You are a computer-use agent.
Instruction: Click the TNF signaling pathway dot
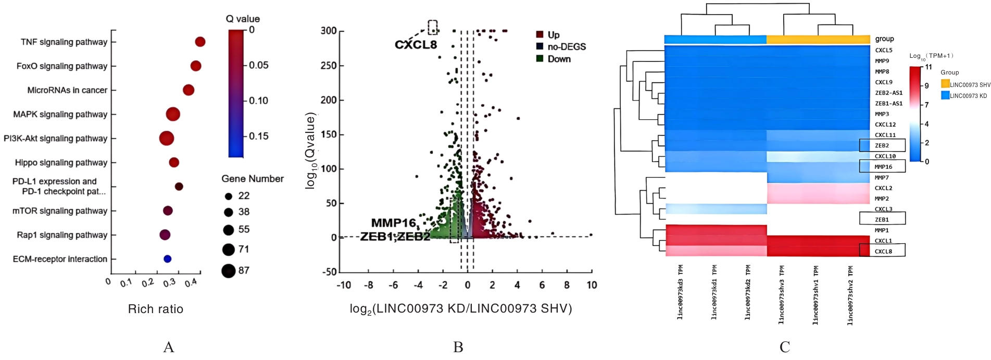click(x=200, y=42)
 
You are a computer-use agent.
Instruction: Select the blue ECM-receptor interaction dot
click(x=167, y=259)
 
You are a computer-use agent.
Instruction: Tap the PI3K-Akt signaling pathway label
click(x=56, y=139)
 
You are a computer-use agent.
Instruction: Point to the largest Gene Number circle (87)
click(x=228, y=271)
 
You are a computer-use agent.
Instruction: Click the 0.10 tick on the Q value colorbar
click(x=258, y=101)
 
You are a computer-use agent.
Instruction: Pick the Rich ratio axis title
click(x=155, y=309)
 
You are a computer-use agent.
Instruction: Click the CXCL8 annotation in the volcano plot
click(x=416, y=45)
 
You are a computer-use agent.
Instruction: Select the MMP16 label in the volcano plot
click(x=393, y=223)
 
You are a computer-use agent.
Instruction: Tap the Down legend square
click(x=540, y=59)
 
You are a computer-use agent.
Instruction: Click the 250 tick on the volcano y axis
click(x=329, y=66)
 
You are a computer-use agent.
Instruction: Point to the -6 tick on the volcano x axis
click(x=394, y=285)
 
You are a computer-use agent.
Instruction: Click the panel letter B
click(x=458, y=347)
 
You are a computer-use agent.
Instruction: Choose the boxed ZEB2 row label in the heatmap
click(x=882, y=146)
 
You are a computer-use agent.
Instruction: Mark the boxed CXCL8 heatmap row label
click(x=883, y=252)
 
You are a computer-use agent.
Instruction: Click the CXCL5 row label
click(x=883, y=51)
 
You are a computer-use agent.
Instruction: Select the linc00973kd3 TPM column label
click(x=681, y=292)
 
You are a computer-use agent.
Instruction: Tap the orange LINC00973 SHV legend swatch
click(x=945, y=84)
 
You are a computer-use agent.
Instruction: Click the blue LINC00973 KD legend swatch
click(x=945, y=95)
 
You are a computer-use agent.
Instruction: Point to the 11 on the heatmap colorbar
click(x=929, y=67)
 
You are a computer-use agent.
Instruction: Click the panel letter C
click(x=785, y=347)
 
